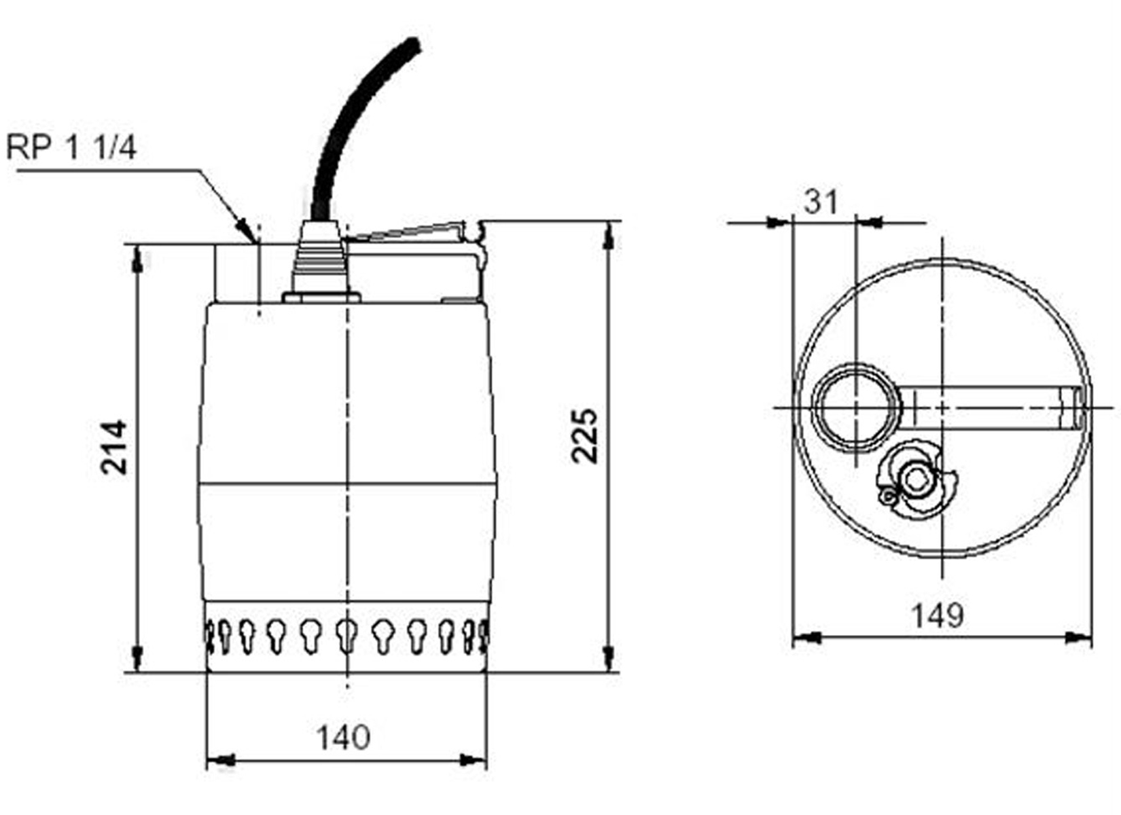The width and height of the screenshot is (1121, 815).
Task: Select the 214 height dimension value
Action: click(x=113, y=446)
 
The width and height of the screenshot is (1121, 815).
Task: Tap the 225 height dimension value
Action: click(x=585, y=435)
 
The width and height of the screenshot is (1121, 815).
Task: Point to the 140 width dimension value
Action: click(x=344, y=737)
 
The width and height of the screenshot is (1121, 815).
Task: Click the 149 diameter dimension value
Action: click(x=937, y=615)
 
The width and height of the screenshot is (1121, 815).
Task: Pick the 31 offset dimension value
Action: click(x=821, y=202)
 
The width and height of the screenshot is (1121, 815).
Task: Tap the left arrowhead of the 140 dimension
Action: click(x=219, y=760)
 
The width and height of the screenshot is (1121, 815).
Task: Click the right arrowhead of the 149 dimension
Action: click(x=1080, y=637)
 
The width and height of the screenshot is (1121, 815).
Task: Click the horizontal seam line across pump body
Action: click(x=346, y=484)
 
